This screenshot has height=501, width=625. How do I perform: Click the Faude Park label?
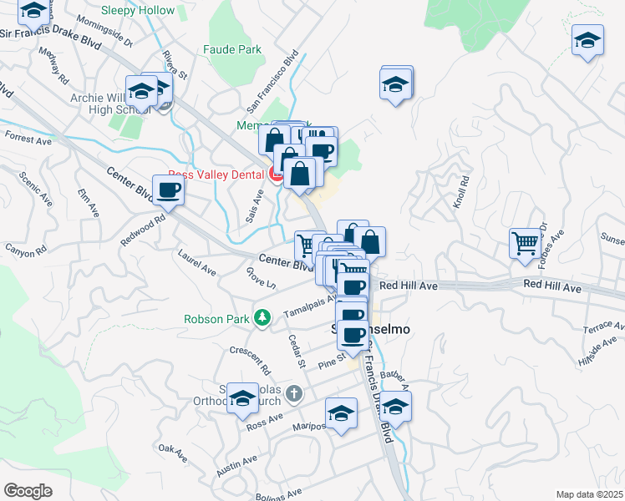(x=232, y=49)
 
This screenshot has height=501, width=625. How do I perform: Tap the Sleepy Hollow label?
(x=138, y=11)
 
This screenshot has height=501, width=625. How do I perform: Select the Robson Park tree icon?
(x=262, y=318)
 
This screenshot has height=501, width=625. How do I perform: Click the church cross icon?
(x=293, y=392)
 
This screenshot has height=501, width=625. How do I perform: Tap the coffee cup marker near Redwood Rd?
(x=168, y=191)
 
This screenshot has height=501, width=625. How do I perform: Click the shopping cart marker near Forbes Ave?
(x=526, y=244)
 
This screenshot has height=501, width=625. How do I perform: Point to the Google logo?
(x=28, y=490)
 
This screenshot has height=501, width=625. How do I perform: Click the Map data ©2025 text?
(x=588, y=493)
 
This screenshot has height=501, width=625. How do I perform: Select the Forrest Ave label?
(x=28, y=138)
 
